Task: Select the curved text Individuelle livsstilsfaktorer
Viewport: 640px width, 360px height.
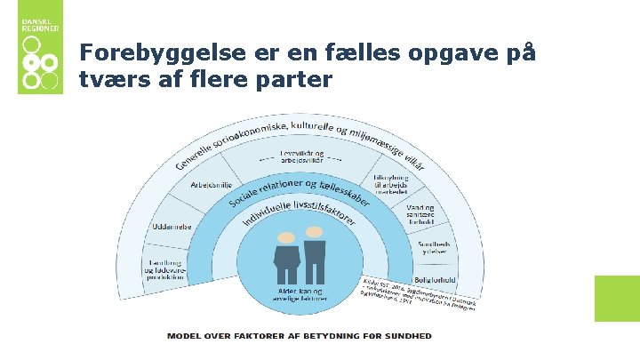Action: tap(300, 214)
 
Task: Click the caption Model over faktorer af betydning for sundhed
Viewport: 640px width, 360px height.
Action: tap(300, 336)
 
